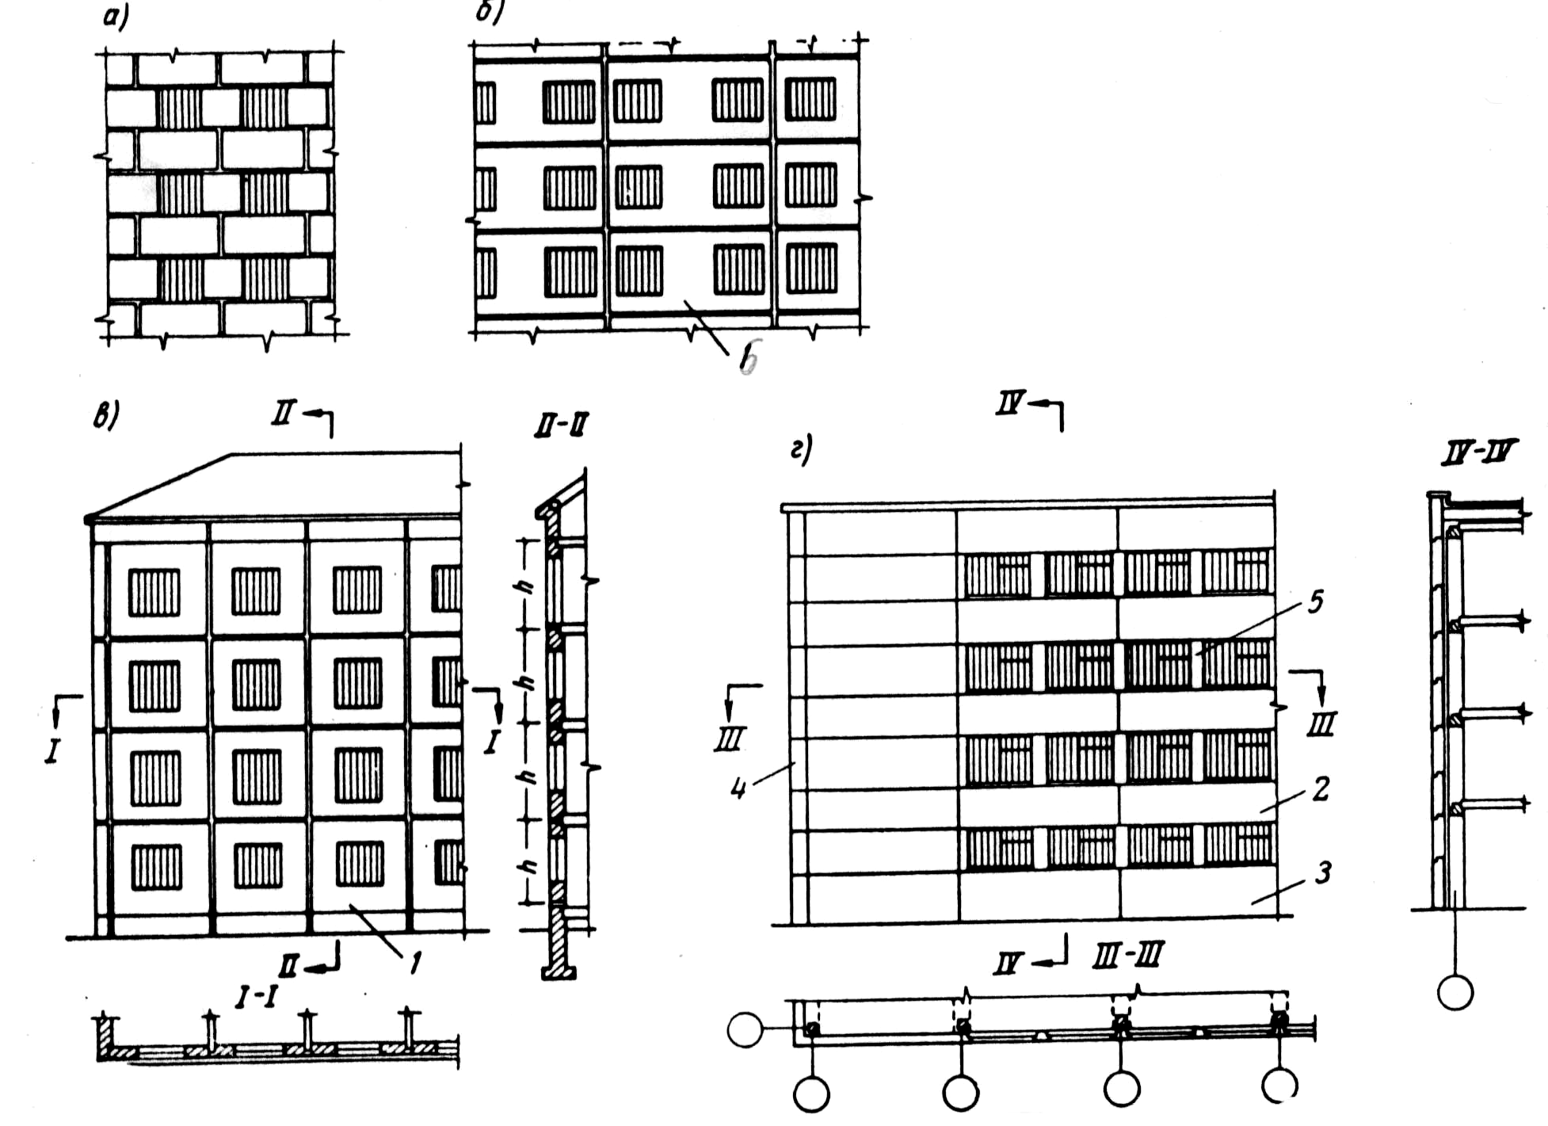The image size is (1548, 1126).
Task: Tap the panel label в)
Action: coord(105,415)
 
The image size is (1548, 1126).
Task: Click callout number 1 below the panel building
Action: coord(414,963)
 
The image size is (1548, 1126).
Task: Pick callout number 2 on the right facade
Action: coord(1321,788)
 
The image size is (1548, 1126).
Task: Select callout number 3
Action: coord(1322,873)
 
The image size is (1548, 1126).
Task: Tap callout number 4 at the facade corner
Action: coord(738,788)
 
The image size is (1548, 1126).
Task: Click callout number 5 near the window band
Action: coord(1315,602)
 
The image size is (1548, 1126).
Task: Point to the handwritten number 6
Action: coord(748,358)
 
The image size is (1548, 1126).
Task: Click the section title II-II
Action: coord(561,426)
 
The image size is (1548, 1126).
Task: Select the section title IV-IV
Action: coord(1477,452)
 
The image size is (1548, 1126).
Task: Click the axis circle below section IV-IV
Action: coord(1455,992)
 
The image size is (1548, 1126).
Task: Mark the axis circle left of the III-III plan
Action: coord(745,1030)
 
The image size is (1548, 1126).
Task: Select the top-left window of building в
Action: coord(154,592)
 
